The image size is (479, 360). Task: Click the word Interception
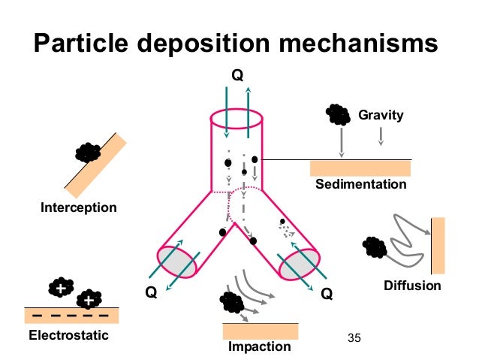tap(78, 207)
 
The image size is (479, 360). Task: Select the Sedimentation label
tap(360, 185)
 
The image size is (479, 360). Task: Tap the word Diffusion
tap(412, 286)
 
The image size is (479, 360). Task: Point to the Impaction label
tap(259, 346)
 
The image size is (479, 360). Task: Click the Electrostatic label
tap(68, 334)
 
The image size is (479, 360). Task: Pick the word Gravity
tap(381, 116)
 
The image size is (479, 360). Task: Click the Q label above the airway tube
tap(237, 76)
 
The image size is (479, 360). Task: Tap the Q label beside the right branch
tap(327, 294)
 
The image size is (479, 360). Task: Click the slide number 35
tap(355, 337)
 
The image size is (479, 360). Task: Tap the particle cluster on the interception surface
tap(89, 153)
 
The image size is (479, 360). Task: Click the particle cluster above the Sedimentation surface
tap(337, 114)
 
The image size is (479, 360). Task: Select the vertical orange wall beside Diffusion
tap(438, 245)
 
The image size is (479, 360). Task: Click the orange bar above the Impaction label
tap(260, 331)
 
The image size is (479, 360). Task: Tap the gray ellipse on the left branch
tap(177, 261)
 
